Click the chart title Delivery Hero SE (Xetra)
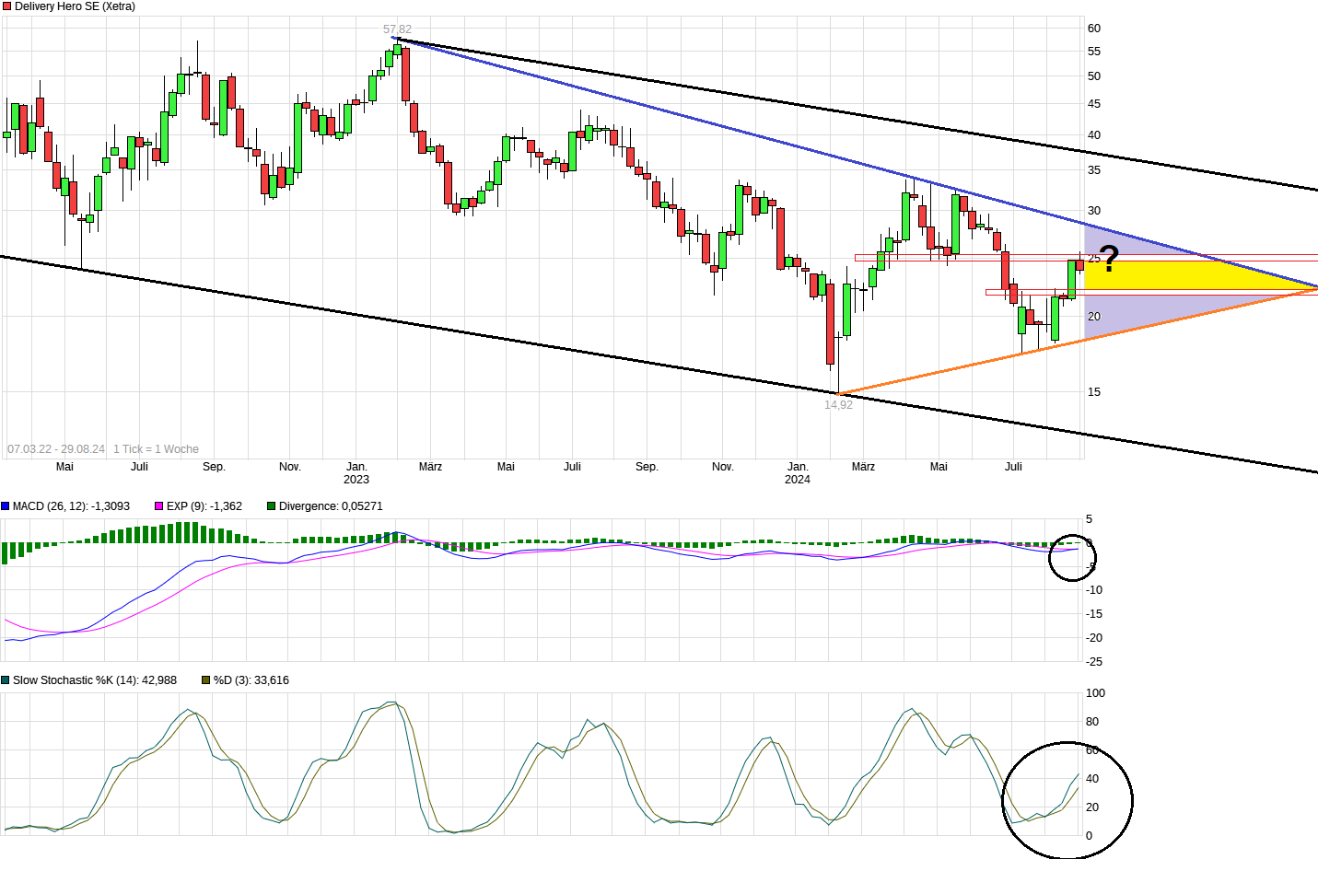pos(75,6)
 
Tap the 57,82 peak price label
pos(398,29)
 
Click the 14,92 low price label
pos(838,404)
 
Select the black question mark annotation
pos(1109,259)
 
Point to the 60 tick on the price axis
pos(1094,29)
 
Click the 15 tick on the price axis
pos(1094,392)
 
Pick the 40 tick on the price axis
pos(1094,135)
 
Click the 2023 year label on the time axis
pos(356,480)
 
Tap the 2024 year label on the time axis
pos(798,480)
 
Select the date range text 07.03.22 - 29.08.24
pos(56,449)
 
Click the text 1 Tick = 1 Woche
pos(156,449)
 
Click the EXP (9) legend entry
pos(204,506)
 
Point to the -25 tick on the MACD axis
pos(1094,662)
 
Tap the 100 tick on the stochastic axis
pos(1096,693)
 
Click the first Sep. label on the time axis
pos(214,467)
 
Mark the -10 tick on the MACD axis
pos(1094,590)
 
